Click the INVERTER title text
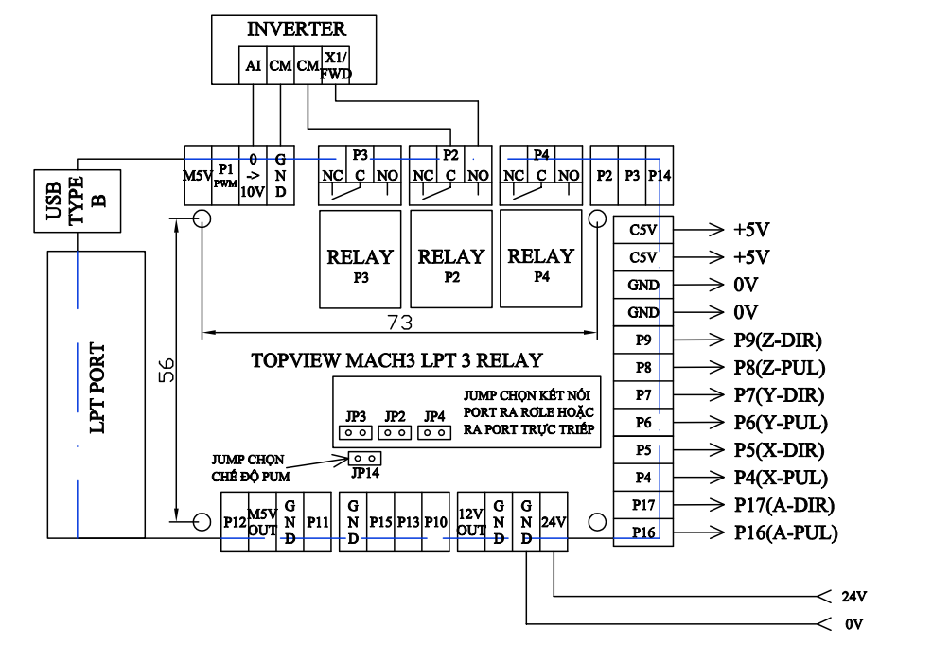tap(296, 29)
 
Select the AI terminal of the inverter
tap(253, 65)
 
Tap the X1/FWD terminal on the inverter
tap(336, 65)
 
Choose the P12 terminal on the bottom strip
tap(234, 521)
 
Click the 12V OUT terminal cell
tap(470, 521)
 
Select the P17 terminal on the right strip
tap(643, 504)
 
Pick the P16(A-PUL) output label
tap(785, 532)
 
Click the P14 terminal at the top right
tap(660, 176)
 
